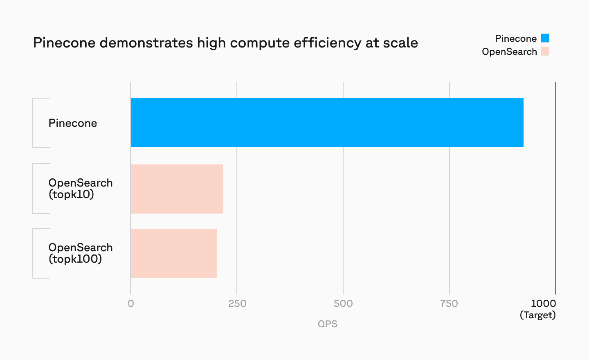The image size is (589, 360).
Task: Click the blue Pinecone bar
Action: click(327, 123)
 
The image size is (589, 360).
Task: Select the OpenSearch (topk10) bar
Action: click(177, 189)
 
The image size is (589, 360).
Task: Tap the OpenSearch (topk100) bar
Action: click(173, 254)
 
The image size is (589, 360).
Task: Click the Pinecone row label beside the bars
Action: click(73, 123)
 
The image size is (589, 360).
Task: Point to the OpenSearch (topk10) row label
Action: click(80, 189)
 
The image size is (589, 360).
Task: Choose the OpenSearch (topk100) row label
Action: click(80, 253)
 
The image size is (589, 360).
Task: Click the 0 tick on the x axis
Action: click(131, 304)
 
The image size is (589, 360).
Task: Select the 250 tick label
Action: click(237, 304)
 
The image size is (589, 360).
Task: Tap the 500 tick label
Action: click(343, 304)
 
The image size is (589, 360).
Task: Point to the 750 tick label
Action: click(449, 304)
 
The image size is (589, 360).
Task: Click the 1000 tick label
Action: click(543, 304)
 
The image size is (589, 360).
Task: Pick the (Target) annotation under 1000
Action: click(537, 315)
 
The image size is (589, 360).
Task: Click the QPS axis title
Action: click(328, 324)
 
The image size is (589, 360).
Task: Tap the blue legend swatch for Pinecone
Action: click(545, 38)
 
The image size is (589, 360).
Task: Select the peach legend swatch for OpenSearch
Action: click(545, 52)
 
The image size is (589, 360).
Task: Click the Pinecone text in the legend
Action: click(515, 38)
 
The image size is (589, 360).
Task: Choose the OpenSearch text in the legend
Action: click(509, 52)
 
